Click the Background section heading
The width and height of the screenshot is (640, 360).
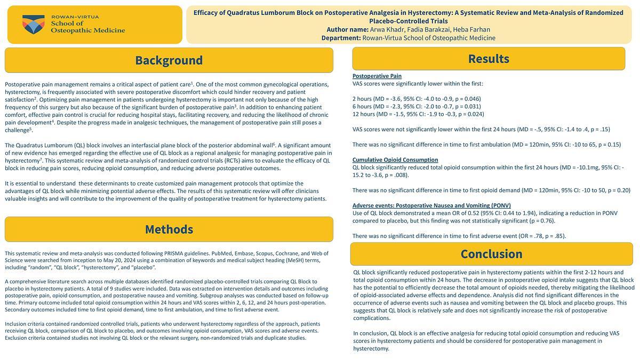coord(169,60)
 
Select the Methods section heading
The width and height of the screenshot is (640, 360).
coord(169,229)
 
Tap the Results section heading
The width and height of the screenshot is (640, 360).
coord(489,59)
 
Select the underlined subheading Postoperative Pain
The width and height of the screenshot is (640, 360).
coord(377,76)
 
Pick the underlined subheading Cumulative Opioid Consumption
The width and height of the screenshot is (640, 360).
coord(395,159)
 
